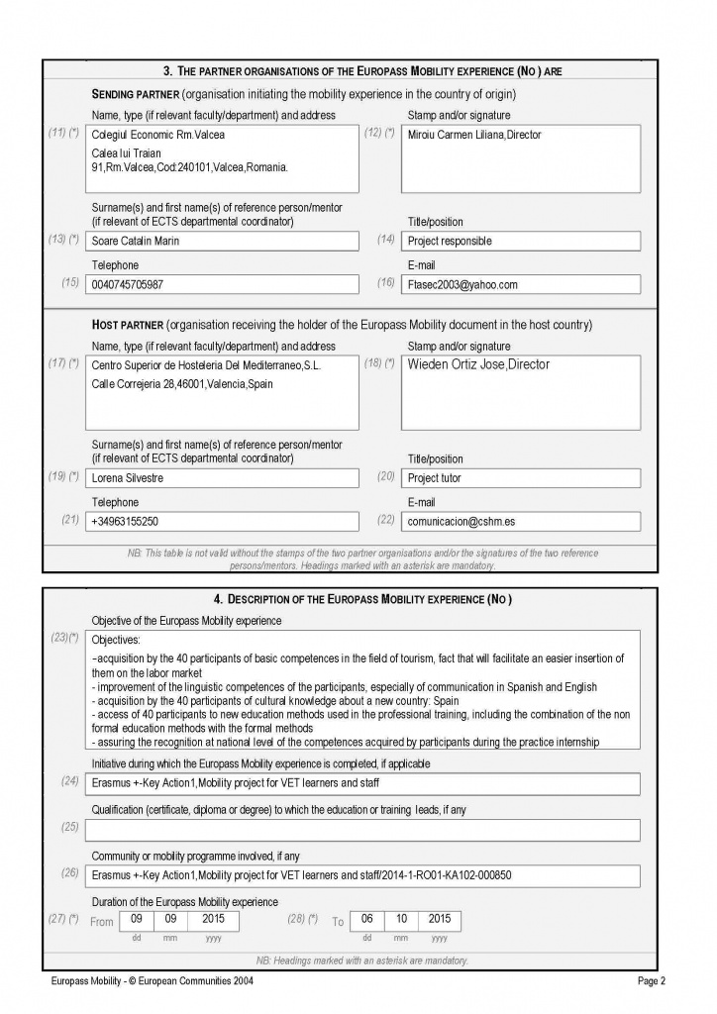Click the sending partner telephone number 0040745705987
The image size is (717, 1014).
tap(128, 284)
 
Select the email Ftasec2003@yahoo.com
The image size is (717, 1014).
tap(462, 284)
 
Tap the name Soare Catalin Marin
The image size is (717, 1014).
tap(135, 241)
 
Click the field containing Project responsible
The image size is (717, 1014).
tap(450, 241)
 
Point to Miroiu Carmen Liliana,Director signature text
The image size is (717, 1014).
tap(474, 135)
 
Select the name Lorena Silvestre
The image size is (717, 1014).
tap(128, 478)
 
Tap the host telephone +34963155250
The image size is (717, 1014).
tap(125, 521)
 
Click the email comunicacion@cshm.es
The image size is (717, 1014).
tap(461, 521)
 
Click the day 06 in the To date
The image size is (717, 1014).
tap(365, 919)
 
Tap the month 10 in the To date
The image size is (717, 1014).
tap(400, 919)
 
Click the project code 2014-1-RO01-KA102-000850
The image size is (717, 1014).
tap(448, 875)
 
